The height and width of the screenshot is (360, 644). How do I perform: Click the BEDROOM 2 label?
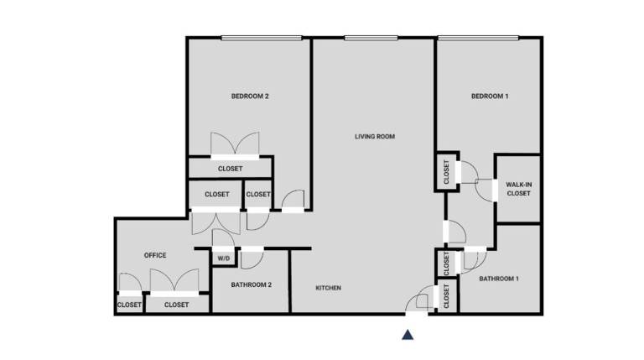250,97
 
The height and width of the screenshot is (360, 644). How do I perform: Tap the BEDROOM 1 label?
490,97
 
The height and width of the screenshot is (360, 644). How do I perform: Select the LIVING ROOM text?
375,137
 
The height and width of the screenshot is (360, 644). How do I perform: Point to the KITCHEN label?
328,288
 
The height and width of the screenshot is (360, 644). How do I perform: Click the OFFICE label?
155,255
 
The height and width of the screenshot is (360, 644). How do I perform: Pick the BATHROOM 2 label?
251,284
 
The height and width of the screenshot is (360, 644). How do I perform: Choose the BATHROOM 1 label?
499,279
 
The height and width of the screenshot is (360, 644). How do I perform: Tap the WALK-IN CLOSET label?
519,189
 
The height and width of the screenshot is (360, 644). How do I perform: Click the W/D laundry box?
224,258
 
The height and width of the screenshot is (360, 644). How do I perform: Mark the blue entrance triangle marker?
408,335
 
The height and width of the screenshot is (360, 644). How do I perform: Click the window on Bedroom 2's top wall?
262,38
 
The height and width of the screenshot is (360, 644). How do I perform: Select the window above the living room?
371,38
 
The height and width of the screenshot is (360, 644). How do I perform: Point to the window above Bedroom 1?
478,38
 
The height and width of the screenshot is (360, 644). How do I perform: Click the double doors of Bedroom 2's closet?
235,143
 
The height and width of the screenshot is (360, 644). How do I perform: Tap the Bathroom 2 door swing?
252,260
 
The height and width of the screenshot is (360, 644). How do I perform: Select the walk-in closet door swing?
485,190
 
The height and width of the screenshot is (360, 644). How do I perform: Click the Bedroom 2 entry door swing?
293,200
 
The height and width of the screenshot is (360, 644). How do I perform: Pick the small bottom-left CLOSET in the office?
129,305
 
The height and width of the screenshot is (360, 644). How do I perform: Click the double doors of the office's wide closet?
174,280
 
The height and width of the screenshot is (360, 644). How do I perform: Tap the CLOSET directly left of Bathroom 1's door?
446,263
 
